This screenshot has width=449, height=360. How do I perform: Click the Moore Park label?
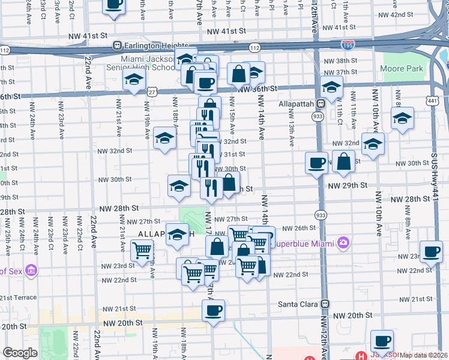click(401, 69)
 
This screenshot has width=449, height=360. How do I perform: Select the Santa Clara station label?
click(297, 304)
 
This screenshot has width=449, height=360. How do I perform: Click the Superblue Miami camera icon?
click(343, 243)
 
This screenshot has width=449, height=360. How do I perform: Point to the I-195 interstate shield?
click(347, 44)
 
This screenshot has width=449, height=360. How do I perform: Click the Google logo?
click(20, 353)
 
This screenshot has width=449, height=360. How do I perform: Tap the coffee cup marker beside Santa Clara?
click(212, 310)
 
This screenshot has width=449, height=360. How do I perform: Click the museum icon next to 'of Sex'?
click(31, 271)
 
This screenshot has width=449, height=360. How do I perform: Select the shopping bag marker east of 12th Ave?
click(343, 161)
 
